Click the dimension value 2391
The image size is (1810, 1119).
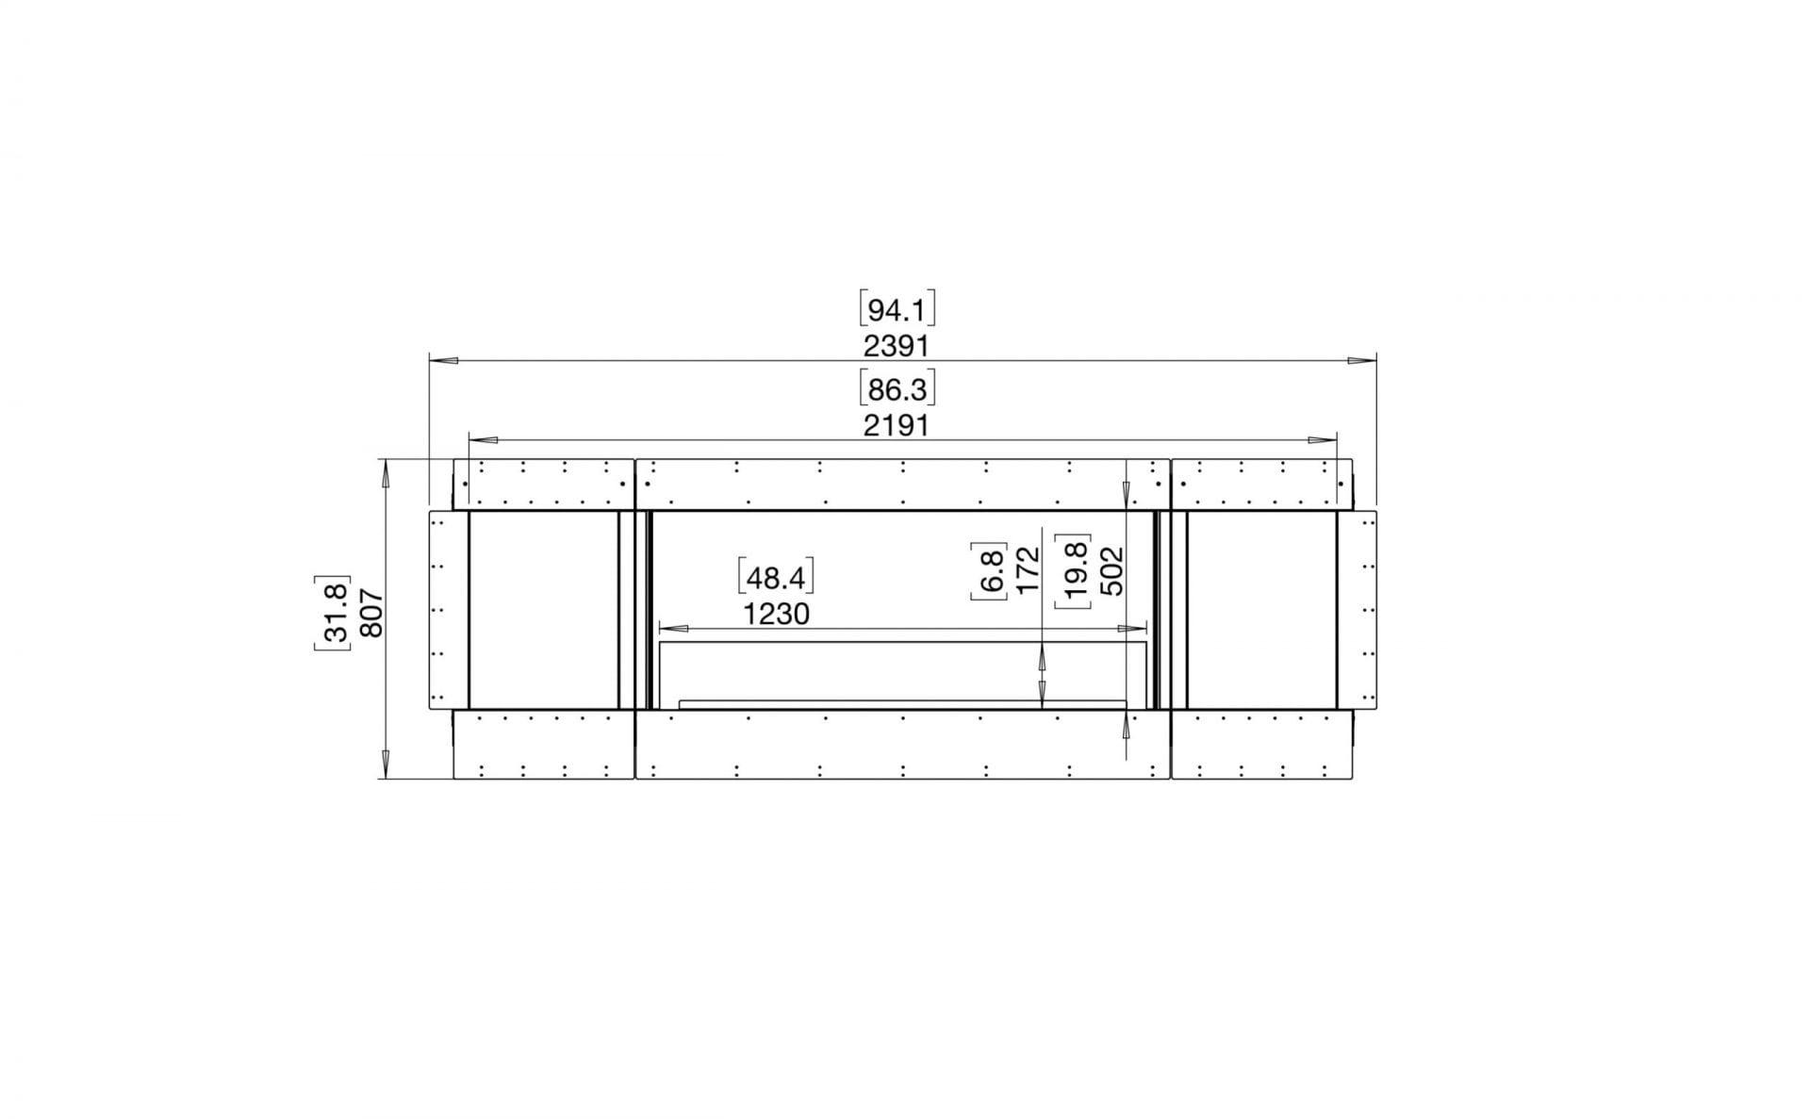click(897, 346)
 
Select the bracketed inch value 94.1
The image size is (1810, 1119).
click(897, 310)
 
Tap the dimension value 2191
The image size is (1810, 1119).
click(897, 426)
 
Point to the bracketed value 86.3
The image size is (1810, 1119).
click(897, 389)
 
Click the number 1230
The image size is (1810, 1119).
click(776, 615)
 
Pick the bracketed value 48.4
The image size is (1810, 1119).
click(775, 577)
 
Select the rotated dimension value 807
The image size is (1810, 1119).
click(370, 613)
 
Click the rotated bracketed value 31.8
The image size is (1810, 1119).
click(333, 613)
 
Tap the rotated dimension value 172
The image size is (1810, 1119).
click(1028, 569)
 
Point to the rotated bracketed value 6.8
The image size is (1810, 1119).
click(990, 569)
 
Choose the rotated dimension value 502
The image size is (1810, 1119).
click(1112, 570)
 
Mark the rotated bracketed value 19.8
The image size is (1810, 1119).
click(1075, 570)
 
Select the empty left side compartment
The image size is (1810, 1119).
click(543, 609)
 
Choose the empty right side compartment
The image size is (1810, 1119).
click(1261, 609)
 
